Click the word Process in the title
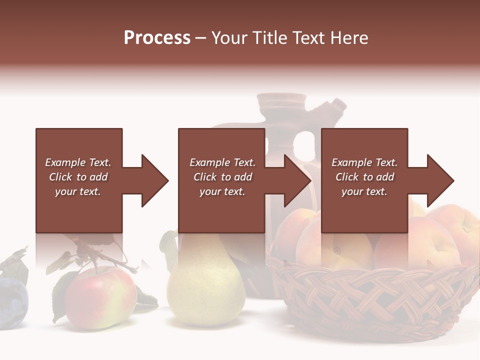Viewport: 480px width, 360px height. pos(157,38)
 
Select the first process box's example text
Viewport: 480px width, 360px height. pos(78,177)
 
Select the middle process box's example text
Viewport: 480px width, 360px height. pos(222,177)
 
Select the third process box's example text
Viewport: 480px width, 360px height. pos(364,177)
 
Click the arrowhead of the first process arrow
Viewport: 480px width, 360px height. pos(154,180)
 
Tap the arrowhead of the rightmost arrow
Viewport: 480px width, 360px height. pos(440,180)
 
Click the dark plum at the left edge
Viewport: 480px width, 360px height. pos(12,302)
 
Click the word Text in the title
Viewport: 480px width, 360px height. pos(310,38)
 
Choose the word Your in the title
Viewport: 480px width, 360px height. pos(229,38)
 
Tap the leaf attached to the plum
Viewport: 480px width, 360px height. pos(17,265)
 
